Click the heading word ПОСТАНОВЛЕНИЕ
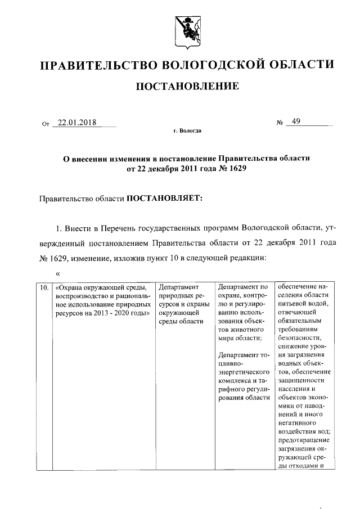pyautogui.click(x=185, y=86)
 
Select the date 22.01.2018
pyautogui.click(x=76, y=123)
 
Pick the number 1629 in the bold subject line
pyautogui.click(x=237, y=169)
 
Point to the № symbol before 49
pyautogui.click(x=279, y=123)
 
